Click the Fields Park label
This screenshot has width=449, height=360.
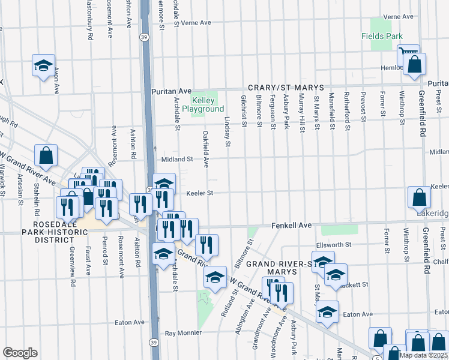382,36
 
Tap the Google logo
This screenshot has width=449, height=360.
20,353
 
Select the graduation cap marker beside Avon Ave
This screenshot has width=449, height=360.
43,65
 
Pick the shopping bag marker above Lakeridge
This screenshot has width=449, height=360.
418,197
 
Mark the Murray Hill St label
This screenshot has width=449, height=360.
302,112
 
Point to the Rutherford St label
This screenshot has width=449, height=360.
346,112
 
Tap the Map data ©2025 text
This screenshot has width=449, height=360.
423,355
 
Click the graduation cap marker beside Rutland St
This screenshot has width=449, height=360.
215,277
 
